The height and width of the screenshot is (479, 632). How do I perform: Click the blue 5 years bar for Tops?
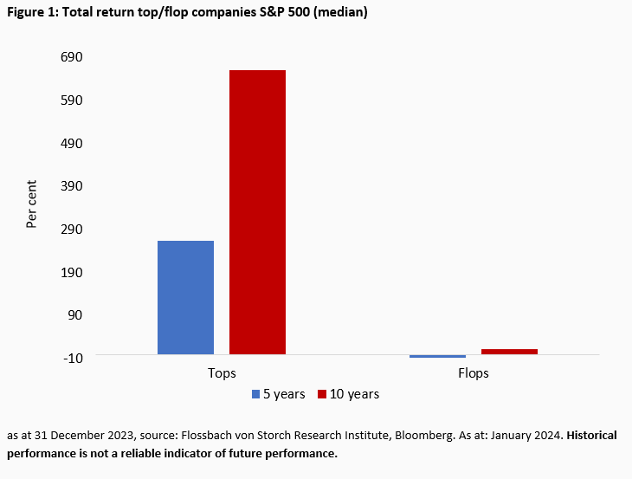[x=185, y=297]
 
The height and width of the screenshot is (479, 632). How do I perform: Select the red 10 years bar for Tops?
[x=257, y=212]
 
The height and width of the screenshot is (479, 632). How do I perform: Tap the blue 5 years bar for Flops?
[x=437, y=356]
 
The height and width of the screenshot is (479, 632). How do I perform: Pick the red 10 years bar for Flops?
[x=509, y=351]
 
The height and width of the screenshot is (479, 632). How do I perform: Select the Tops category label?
[x=222, y=373]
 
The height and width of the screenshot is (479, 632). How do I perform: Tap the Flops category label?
[x=473, y=373]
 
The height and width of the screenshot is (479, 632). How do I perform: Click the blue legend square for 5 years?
[x=256, y=394]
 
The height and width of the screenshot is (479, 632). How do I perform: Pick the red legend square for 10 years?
[x=322, y=394]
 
